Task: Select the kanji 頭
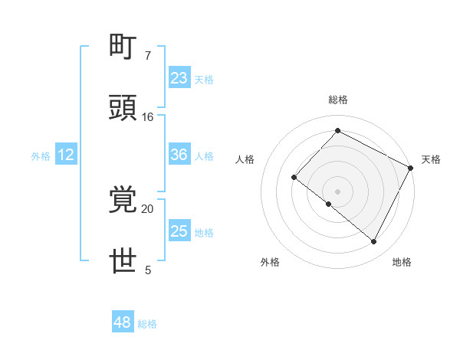tap(124, 108)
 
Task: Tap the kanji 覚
tap(124, 201)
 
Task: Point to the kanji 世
tap(124, 261)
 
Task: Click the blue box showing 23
tap(179, 77)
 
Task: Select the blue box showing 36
tap(179, 155)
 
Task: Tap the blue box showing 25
tap(179, 231)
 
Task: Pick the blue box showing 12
tap(66, 155)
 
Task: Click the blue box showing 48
tap(123, 322)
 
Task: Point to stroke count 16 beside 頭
tap(148, 117)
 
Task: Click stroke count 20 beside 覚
tap(148, 208)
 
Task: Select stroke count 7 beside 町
tap(147, 56)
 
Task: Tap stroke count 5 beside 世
tap(147, 270)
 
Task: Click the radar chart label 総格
tap(337, 100)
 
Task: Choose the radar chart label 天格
tap(431, 159)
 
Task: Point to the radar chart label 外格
tap(270, 262)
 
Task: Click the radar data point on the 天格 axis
tap(412, 167)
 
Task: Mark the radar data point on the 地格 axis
tap(374, 242)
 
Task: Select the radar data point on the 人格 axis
tap(294, 177)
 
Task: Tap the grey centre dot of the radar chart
tap(337, 191)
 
